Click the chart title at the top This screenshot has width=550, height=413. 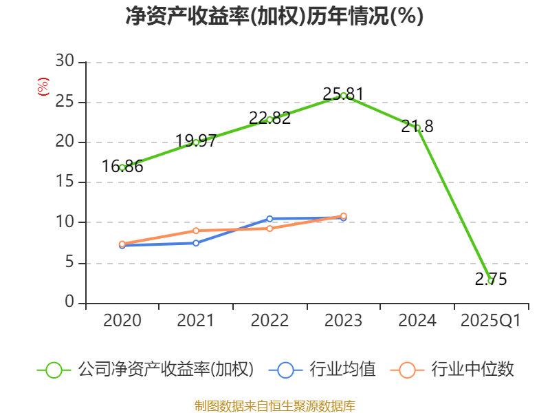pyautogui.click(x=274, y=17)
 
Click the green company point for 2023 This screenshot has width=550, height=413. pyautogui.click(x=343, y=96)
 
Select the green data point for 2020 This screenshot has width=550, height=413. pyautogui.click(x=122, y=167)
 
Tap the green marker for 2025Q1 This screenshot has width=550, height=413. pyautogui.click(x=490, y=281)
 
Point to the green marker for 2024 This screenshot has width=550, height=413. pyautogui.click(x=417, y=127)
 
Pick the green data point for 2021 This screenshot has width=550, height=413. pyautogui.click(x=196, y=142)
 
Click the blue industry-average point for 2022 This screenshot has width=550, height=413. pyautogui.click(x=269, y=219)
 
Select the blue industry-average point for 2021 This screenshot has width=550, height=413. pyautogui.click(x=196, y=243)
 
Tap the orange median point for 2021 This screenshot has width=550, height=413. pyautogui.click(x=196, y=231)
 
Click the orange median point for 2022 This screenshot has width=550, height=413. pyautogui.click(x=269, y=229)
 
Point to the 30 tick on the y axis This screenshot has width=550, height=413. pyautogui.click(x=65, y=62)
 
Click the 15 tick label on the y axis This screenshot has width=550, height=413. pyautogui.click(x=65, y=182)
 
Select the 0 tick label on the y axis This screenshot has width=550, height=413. pyautogui.click(x=69, y=303)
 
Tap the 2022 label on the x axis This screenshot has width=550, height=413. pyautogui.click(x=269, y=321)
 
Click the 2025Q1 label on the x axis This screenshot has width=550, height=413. pyautogui.click(x=490, y=321)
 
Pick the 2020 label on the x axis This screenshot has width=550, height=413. pyautogui.click(x=122, y=321)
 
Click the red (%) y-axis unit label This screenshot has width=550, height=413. pyautogui.click(x=43, y=87)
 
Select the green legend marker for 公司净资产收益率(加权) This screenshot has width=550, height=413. pyautogui.click(x=54, y=370)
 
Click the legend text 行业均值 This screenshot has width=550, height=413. pyautogui.click(x=342, y=370)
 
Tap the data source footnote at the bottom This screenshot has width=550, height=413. pyautogui.click(x=274, y=405)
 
